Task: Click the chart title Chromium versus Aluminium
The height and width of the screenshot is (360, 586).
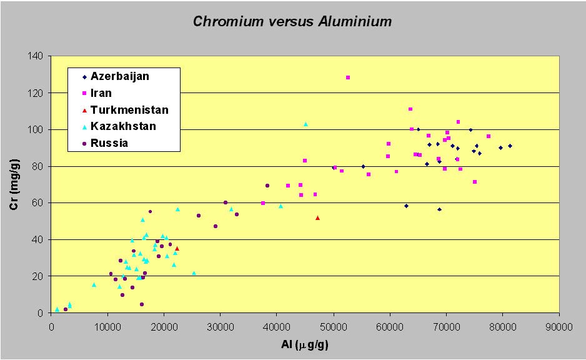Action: [x=292, y=22]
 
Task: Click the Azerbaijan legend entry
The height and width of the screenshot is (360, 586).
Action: [x=120, y=76]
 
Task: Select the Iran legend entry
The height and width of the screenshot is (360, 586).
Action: [x=101, y=93]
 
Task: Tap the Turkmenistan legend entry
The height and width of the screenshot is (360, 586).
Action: [x=129, y=110]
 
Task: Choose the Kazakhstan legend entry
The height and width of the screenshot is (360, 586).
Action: [x=123, y=126]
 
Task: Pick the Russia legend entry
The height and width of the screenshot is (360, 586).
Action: [x=109, y=143]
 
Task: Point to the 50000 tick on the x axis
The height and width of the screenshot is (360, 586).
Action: [x=333, y=325]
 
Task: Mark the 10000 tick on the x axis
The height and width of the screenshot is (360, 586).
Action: [x=107, y=325]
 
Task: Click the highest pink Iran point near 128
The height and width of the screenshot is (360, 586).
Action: [x=348, y=77]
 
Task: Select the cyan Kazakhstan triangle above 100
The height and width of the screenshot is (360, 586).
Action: [x=305, y=124]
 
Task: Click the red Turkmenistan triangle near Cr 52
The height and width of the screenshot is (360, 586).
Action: [x=317, y=217]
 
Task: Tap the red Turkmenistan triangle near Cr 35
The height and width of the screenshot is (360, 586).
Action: [x=177, y=248]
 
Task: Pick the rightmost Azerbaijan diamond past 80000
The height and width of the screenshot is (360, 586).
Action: [x=510, y=146]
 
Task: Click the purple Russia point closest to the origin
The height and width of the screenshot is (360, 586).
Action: [x=66, y=309]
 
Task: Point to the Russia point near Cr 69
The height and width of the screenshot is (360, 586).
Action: [x=267, y=186]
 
